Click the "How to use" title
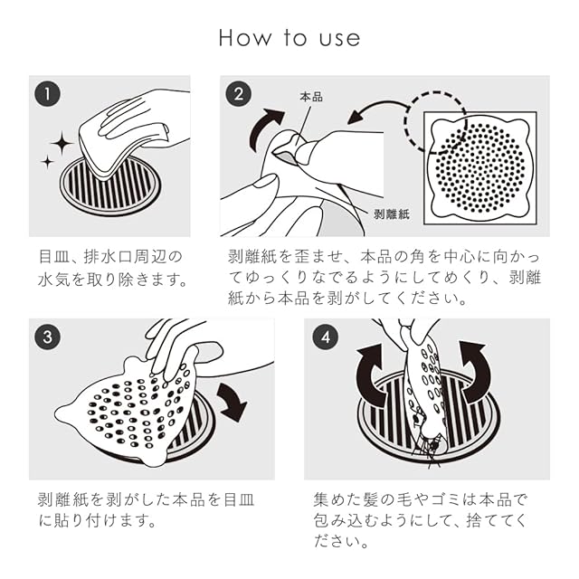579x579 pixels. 289,38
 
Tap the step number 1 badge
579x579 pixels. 47,94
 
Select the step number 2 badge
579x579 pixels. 239,94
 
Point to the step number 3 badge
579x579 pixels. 47,337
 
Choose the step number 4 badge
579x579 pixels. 326,337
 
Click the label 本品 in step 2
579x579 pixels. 311,97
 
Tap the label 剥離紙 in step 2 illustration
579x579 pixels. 392,214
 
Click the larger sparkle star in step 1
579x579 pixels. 62,143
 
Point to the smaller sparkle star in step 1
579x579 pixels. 47,162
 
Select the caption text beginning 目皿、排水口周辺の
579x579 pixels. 112,268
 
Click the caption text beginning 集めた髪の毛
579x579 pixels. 420,521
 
